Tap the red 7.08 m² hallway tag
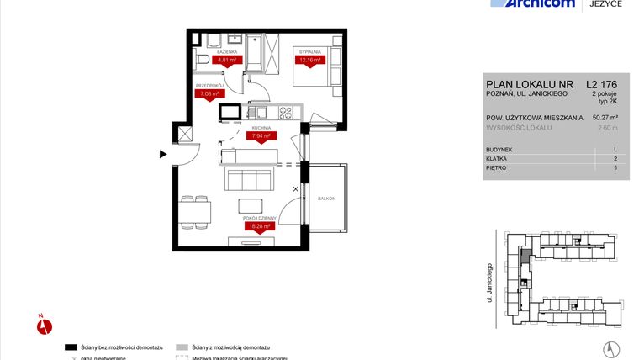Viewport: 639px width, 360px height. tap(207, 94)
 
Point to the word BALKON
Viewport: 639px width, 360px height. tap(326, 199)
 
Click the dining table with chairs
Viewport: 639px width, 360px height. tap(195, 210)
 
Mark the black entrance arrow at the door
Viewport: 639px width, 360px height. tap(163, 154)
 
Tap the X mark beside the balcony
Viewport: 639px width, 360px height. tap(295, 189)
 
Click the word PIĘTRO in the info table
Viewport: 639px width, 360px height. tap(497, 167)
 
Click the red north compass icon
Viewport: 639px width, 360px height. tap(44, 324)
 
